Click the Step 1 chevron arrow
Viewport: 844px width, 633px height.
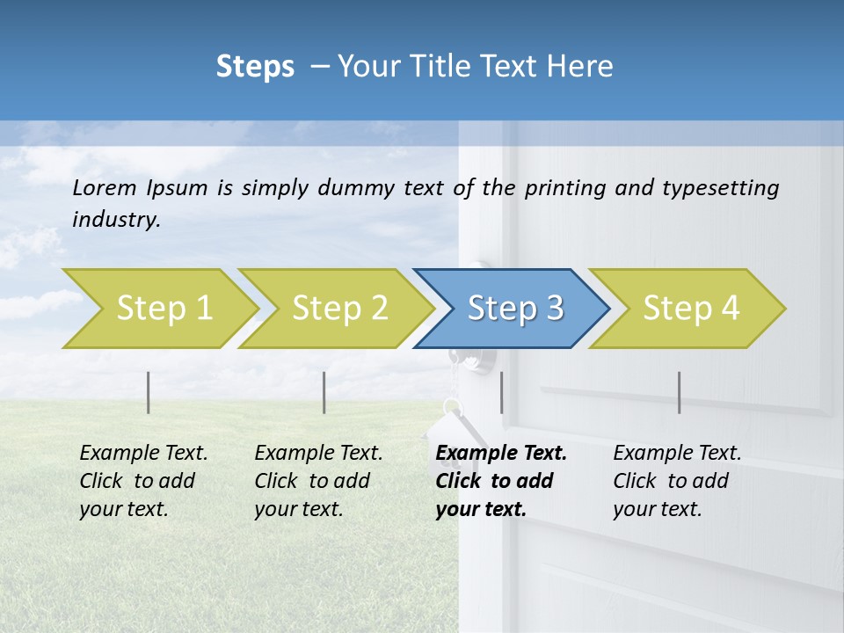[x=163, y=309]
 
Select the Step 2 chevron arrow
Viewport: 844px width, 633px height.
[x=338, y=309]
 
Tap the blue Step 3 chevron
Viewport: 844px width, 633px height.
[x=514, y=309]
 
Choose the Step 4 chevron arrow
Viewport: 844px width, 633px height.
[x=690, y=309]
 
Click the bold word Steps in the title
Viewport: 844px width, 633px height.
[x=255, y=67]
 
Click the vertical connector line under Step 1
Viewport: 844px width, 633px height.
[x=149, y=392]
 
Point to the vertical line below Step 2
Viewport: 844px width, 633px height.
[x=324, y=392]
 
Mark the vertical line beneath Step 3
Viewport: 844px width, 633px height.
[x=501, y=392]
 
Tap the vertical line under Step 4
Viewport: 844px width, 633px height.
[x=679, y=392]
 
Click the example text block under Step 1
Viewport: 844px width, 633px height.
[x=143, y=481]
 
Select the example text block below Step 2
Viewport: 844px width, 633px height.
[x=318, y=481]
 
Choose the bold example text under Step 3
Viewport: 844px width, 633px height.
[x=500, y=481]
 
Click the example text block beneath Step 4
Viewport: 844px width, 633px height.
[x=677, y=481]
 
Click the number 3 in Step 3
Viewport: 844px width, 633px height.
[x=554, y=309]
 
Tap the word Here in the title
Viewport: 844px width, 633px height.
[x=584, y=67]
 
